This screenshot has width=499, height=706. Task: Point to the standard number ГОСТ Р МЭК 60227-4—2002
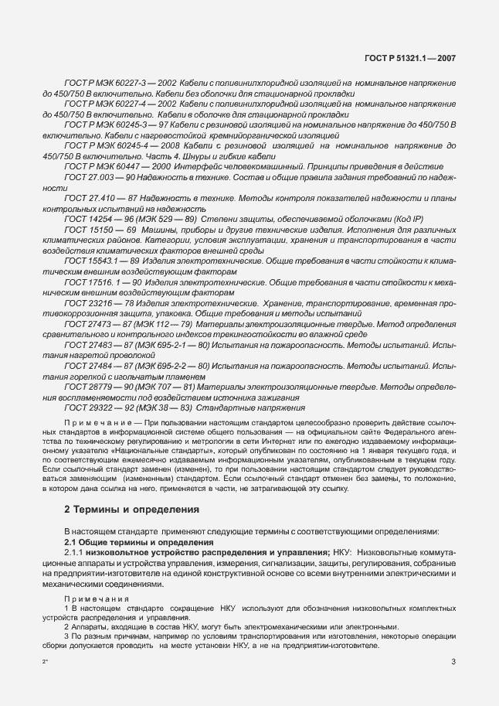[x=120, y=103]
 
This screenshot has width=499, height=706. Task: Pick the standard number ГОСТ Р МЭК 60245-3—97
[x=115, y=123]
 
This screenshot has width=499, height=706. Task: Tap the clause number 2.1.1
[x=76, y=554]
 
